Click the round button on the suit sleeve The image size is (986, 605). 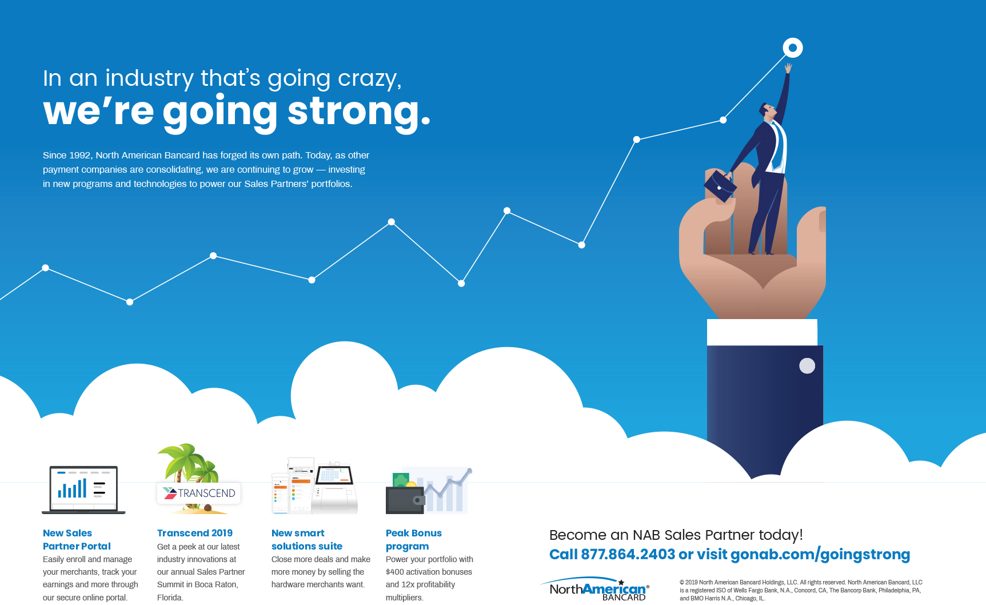[807, 365]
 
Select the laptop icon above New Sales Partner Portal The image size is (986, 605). [83, 489]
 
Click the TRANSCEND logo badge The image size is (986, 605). [199, 493]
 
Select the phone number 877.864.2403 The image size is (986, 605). [628, 554]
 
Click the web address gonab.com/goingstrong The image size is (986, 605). [820, 555]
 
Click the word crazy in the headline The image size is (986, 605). [369, 79]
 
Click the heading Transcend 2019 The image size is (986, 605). [195, 533]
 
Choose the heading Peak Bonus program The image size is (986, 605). [414, 539]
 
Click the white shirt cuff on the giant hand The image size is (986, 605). [762, 332]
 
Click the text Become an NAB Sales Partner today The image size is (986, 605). [676, 535]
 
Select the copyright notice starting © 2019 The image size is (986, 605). [801, 590]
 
